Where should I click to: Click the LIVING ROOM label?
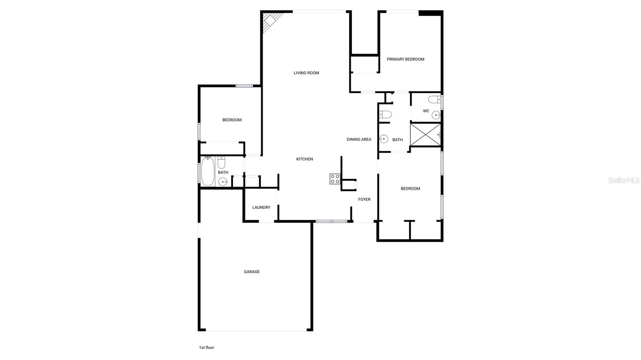click(306, 73)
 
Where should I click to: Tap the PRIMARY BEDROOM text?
click(405, 59)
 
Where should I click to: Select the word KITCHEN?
click(304, 159)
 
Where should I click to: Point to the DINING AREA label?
click(359, 139)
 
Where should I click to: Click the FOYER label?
click(364, 199)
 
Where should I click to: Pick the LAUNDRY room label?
click(261, 207)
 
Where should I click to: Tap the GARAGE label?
click(252, 272)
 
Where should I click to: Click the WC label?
click(426, 111)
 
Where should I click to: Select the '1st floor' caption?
click(206, 348)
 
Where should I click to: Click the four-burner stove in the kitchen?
click(335, 179)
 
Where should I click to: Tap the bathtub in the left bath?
click(208, 171)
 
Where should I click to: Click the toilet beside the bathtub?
click(222, 163)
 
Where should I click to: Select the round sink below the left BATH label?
click(223, 181)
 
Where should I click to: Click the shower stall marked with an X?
click(425, 135)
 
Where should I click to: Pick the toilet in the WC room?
click(434, 99)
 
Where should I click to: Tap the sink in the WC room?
click(436, 115)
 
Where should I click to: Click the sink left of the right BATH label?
click(384, 139)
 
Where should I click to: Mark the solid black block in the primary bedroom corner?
click(431, 13)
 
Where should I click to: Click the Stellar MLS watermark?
click(624, 180)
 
